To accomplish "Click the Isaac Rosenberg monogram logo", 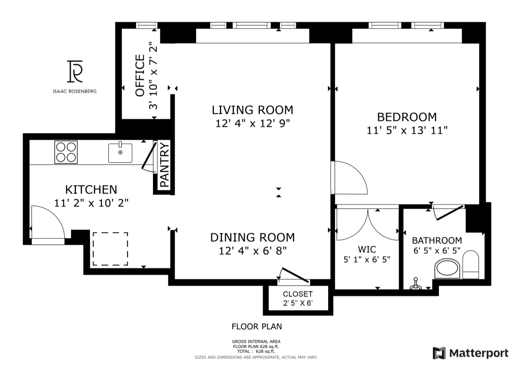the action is click(x=75, y=72).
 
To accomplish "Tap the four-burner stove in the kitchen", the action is click(x=66, y=152).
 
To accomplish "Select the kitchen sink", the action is click(x=120, y=152).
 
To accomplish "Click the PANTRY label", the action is click(x=165, y=165).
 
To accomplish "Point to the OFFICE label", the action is click(x=140, y=75).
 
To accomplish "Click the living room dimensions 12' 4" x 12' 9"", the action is click(x=253, y=124).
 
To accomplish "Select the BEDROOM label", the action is click(x=407, y=117).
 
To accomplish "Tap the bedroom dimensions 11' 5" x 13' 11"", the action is click(x=407, y=130).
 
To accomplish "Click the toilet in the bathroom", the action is click(x=471, y=264).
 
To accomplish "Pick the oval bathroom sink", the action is click(x=447, y=268).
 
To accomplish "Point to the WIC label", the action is click(x=367, y=250).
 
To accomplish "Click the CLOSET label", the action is click(x=298, y=294).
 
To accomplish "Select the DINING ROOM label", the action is click(x=253, y=238).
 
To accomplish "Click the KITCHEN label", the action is click(x=91, y=190).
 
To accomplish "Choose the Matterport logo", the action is click(x=471, y=353).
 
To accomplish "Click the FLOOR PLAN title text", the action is click(x=257, y=327).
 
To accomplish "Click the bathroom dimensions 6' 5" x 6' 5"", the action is click(x=437, y=251).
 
